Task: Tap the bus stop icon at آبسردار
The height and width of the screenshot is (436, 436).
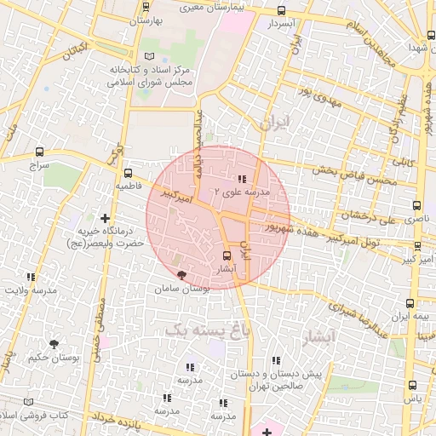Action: [x=282, y=11]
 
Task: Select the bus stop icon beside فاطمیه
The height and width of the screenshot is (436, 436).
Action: [x=128, y=172]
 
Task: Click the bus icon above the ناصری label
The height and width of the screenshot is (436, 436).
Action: [x=416, y=205]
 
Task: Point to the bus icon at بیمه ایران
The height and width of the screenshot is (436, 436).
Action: [x=410, y=302]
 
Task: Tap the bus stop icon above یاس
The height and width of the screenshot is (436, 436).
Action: [x=413, y=385]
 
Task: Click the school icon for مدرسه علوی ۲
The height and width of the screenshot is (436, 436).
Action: [x=242, y=179]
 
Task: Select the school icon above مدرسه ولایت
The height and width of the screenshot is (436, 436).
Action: [x=32, y=277]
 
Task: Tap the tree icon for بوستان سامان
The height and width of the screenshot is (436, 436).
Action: [x=181, y=275]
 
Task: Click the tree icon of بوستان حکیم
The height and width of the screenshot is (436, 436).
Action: [x=54, y=344]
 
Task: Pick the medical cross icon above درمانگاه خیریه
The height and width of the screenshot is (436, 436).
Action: [x=106, y=218]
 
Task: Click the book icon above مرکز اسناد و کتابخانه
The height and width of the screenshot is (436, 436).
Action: [x=150, y=56]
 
